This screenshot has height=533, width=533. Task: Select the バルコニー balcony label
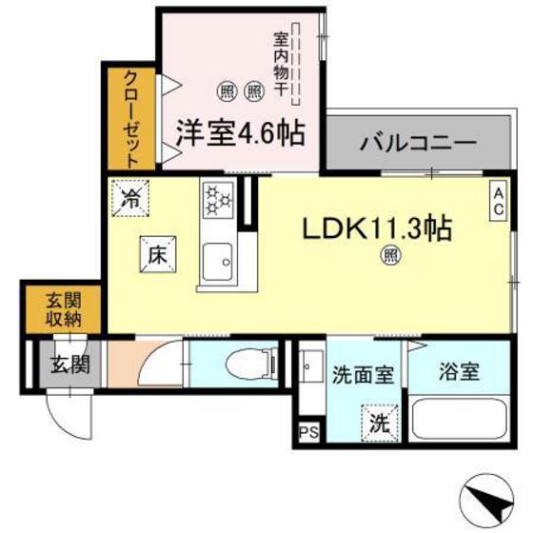pos(418,146)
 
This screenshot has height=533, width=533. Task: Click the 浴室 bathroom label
pos(458,371)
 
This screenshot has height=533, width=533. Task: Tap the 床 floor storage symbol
pos(157,253)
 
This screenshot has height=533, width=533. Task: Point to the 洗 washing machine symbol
pos(378,420)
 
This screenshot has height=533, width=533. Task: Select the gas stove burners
pos(218,199)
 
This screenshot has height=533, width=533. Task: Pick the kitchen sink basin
pos(218,258)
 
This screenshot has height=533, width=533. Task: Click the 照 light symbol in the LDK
pos(388,254)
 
